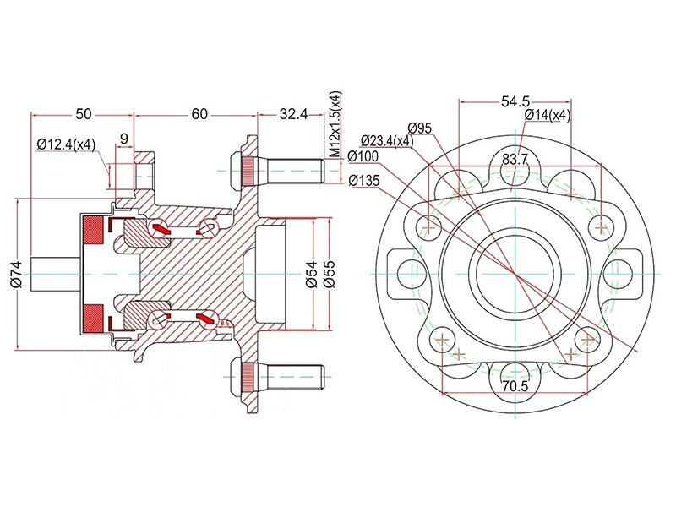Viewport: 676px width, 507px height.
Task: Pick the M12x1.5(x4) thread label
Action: click(335, 125)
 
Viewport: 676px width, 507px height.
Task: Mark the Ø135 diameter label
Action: click(364, 179)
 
